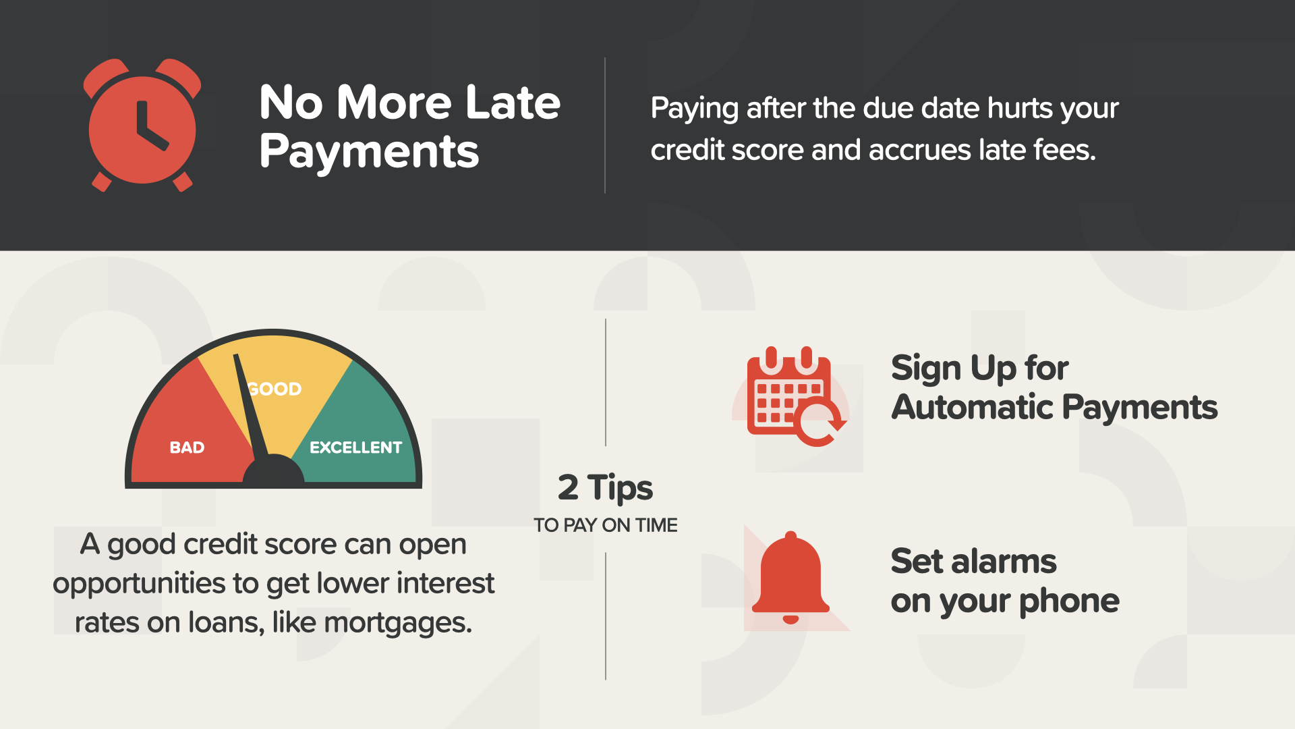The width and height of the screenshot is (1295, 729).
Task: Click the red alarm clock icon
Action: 142,126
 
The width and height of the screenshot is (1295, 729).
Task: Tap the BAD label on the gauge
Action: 187,448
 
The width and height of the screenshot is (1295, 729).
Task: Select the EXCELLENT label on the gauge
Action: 355,448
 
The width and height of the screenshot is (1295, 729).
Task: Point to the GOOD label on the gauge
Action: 275,389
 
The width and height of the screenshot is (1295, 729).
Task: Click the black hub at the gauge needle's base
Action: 273,470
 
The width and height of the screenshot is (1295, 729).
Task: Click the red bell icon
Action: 790,577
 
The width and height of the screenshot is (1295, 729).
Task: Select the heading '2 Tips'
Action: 605,487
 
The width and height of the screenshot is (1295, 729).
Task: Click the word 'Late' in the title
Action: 513,103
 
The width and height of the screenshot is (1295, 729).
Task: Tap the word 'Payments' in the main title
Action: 369,152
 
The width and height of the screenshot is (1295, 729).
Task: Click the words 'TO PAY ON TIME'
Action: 605,525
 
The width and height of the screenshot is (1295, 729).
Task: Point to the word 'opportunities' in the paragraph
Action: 138,584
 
